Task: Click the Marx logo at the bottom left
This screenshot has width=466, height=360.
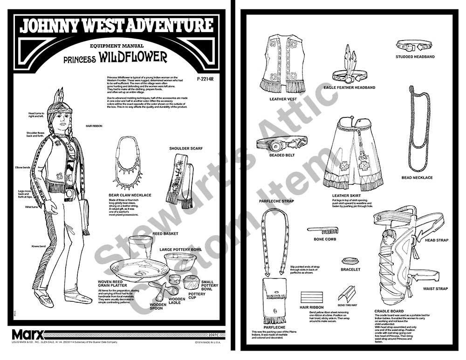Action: (x=27, y=334)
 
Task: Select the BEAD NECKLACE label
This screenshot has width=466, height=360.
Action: (x=417, y=177)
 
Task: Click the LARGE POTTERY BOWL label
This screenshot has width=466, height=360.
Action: (x=181, y=250)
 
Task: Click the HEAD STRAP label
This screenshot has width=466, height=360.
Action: (x=436, y=240)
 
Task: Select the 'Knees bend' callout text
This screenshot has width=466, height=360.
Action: (x=38, y=245)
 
